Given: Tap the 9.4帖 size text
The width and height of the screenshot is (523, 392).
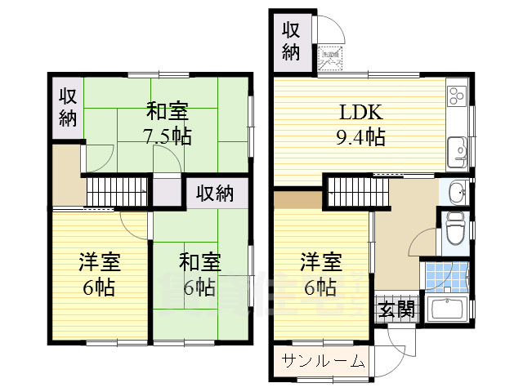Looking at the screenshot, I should (360, 136).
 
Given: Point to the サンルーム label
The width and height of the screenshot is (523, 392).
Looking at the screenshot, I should (322, 362).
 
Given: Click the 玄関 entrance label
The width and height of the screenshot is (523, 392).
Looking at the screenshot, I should (396, 310).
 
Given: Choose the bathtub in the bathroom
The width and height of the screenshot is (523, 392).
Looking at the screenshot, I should (446, 310).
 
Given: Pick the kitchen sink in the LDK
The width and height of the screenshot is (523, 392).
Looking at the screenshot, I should (457, 150).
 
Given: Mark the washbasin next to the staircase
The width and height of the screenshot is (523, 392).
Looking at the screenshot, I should (455, 194).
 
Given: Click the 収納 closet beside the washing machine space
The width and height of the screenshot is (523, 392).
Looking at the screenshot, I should (292, 42).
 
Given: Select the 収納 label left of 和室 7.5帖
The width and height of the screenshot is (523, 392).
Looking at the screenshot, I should (67, 106).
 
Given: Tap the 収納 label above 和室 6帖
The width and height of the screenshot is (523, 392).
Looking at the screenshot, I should (214, 194).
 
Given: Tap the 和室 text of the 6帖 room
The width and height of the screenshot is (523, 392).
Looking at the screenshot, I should (199, 262).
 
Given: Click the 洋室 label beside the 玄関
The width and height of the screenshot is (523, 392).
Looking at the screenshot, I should (320, 262).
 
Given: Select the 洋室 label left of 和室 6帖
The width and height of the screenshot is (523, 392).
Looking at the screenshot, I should (100, 262).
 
